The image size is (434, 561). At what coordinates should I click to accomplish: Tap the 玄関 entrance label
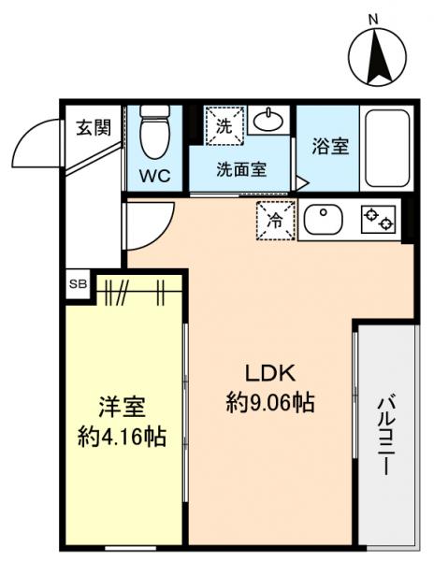pos(91,127)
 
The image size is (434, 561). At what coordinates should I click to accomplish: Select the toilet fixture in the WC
pos(152,132)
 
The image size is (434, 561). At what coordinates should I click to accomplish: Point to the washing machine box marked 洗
pos(224,124)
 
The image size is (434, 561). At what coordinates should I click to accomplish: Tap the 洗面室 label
pos(240,170)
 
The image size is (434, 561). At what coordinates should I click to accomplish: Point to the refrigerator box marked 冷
pos(276,221)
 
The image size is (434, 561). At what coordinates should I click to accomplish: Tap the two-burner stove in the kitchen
pos(379,221)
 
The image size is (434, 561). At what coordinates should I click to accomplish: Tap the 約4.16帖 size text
pos(122,437)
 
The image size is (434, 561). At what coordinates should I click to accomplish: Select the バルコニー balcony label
pos(384,435)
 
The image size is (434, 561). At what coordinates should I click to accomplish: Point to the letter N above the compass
pos(372,19)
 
